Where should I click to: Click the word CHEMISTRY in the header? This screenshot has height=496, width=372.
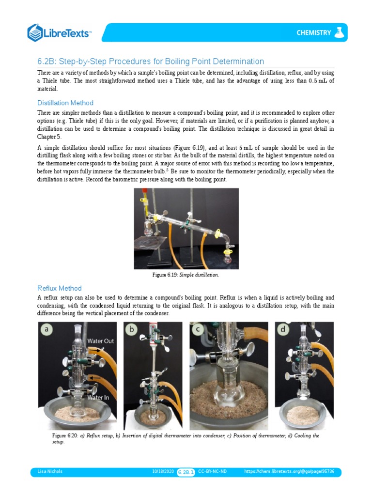(314, 33)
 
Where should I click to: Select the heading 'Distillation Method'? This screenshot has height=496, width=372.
(65, 103)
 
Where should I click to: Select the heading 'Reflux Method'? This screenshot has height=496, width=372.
(60, 288)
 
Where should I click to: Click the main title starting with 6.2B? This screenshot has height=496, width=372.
(151, 61)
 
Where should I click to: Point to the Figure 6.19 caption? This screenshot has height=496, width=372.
(186, 275)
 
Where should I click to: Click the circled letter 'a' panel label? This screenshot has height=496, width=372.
(47, 330)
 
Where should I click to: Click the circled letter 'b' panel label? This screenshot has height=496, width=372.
(131, 330)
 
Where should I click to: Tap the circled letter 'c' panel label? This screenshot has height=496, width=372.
(198, 330)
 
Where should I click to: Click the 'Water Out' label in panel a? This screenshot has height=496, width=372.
(100, 341)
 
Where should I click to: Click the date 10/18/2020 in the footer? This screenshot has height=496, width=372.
(163, 471)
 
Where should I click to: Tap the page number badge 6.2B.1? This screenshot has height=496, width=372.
(186, 472)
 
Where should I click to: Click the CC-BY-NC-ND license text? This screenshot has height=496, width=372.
(212, 471)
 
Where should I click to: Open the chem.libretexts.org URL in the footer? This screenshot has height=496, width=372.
(293, 471)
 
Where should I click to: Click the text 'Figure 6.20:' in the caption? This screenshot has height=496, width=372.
(65, 436)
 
